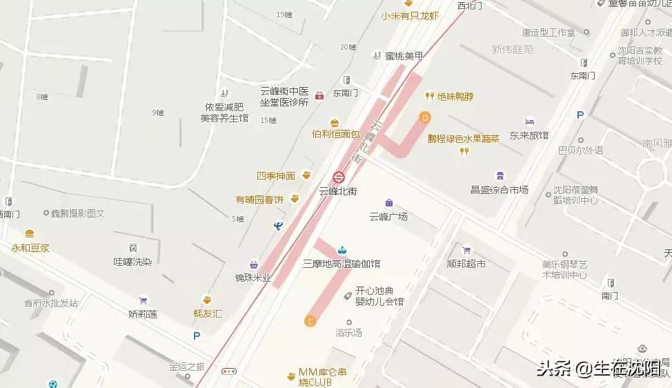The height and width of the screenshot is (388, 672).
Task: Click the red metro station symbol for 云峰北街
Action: (x=338, y=176)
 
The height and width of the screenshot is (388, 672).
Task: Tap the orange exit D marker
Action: (x=425, y=118)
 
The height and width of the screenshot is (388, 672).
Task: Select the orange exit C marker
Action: (x=310, y=320)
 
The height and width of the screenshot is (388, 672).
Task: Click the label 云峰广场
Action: (x=388, y=217)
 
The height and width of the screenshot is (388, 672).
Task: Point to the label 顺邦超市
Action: (x=466, y=264)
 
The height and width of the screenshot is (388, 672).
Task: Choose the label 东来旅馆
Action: (x=528, y=136)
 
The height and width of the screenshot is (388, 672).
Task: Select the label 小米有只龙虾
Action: (x=409, y=15)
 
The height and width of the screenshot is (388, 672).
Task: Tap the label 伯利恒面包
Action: (x=335, y=134)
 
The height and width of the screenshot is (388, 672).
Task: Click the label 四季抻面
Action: (x=276, y=176)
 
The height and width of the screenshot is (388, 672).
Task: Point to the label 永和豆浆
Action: (x=30, y=247)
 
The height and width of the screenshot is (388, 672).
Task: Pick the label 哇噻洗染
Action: (x=132, y=262)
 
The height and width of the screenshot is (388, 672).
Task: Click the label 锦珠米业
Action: (x=253, y=278)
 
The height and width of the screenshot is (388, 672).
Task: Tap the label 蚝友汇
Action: (x=208, y=313)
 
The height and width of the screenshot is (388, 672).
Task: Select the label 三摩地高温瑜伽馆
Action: (x=342, y=264)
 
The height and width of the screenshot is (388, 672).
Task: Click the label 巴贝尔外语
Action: (x=580, y=151)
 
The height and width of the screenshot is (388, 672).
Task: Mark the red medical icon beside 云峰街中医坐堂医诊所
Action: (x=319, y=95)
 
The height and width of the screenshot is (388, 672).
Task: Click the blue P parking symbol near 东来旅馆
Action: (x=580, y=115)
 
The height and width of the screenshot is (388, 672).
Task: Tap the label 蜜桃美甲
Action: (x=404, y=55)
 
